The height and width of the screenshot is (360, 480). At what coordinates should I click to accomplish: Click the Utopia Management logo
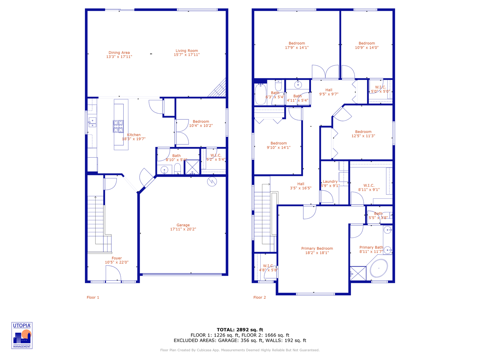tap(22, 335)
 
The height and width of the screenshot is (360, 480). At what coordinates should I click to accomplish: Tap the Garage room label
tap(183, 227)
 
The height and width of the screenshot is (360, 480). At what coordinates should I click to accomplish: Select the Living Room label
tap(187, 53)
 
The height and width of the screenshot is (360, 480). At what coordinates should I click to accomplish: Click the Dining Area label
tap(119, 55)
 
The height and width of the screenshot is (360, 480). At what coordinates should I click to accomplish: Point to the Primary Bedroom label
tap(317, 250)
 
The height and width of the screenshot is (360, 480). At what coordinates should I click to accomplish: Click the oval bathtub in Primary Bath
tap(379, 268)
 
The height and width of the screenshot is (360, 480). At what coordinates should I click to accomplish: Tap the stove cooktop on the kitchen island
tap(118, 126)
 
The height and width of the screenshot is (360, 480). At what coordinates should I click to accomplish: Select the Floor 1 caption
tap(93, 297)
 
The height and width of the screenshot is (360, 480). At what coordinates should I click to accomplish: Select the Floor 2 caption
tap(260, 297)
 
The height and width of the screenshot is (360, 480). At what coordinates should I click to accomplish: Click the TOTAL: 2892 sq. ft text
tap(240, 330)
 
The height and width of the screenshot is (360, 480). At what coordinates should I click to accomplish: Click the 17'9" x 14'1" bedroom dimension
tap(297, 48)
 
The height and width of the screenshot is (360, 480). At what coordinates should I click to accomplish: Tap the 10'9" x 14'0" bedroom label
tap(367, 45)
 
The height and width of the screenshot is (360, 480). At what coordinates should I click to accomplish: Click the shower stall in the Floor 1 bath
tap(192, 167)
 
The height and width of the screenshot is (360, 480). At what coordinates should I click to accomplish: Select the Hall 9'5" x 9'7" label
tap(329, 92)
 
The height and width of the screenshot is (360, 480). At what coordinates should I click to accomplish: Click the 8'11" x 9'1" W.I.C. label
tap(369, 187)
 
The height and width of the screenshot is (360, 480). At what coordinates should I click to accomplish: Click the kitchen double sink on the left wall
tap(92, 123)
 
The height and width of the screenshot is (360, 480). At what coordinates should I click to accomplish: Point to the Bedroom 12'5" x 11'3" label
tap(363, 134)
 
